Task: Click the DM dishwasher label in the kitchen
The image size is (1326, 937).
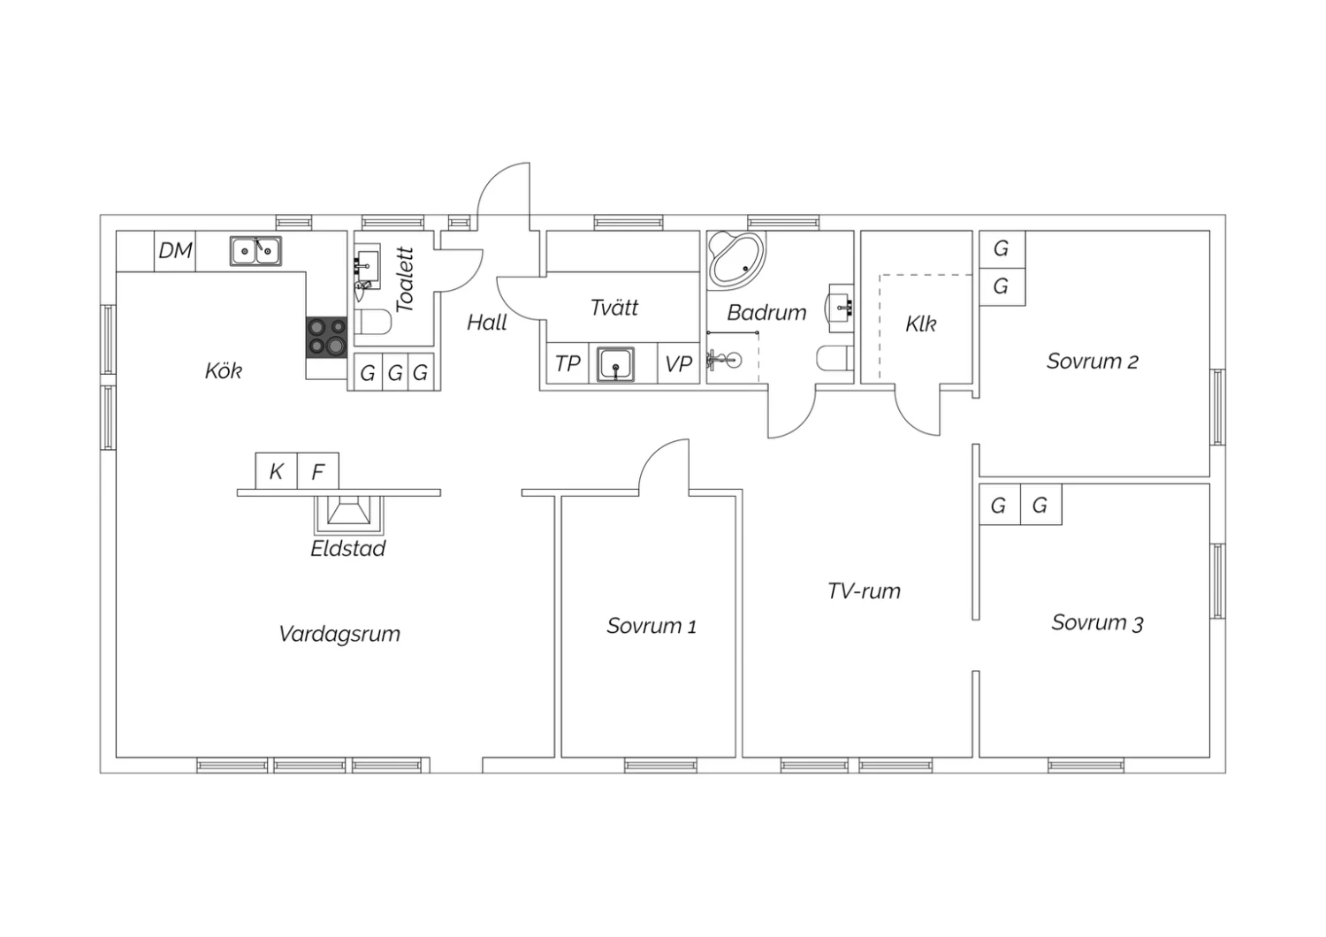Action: click(175, 250)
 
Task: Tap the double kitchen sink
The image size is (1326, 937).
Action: click(255, 251)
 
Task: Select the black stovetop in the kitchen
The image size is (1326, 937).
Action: click(326, 338)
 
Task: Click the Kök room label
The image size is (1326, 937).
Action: click(223, 371)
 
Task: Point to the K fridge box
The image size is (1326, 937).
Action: click(276, 471)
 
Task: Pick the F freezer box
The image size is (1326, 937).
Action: click(318, 471)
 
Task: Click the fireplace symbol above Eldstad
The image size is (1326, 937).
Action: click(348, 514)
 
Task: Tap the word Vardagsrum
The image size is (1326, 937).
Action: click(339, 634)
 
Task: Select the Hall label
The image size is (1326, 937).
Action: click(486, 323)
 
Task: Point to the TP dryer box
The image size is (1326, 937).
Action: click(568, 363)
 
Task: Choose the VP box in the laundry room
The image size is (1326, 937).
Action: click(678, 363)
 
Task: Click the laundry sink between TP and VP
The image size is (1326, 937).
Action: click(615, 364)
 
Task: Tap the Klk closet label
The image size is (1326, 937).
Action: click(920, 324)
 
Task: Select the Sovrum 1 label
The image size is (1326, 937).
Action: click(652, 626)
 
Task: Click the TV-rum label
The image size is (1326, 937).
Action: click(864, 590)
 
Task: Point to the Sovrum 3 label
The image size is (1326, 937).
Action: click(1097, 622)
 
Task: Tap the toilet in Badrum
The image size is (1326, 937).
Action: click(834, 359)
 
